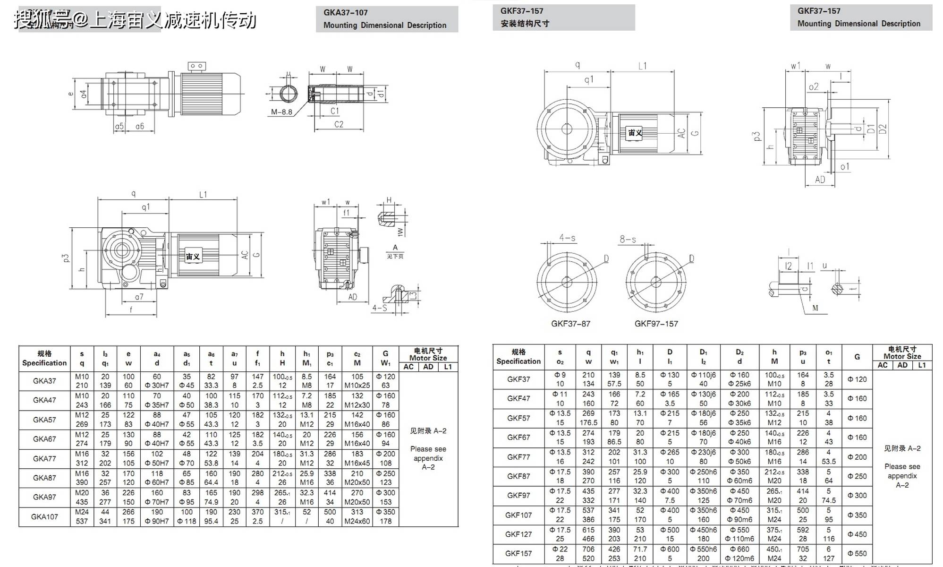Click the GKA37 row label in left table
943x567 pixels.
coord(44,381)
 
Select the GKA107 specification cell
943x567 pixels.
coord(44,516)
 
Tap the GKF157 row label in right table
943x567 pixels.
coord(518,553)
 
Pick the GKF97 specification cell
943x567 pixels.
coord(518,495)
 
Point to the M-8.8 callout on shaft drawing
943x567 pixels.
coord(281,112)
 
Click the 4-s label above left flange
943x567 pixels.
coord(567,238)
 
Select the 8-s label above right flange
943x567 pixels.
coord(628,240)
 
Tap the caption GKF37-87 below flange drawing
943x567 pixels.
coord(570,324)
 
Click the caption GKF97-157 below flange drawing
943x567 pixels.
coord(656,324)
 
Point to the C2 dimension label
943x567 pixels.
coord(339,124)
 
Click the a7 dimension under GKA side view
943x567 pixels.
coord(139,297)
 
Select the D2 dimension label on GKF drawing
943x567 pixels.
coord(883,129)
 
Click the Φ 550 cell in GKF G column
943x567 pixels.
coord(857,553)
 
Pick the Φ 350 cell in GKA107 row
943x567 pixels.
coord(385,512)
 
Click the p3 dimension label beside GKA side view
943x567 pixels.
coord(66,258)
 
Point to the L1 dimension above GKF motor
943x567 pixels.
coord(642,66)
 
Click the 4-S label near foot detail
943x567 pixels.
coord(379,308)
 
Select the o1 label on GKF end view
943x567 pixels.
coord(845,166)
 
